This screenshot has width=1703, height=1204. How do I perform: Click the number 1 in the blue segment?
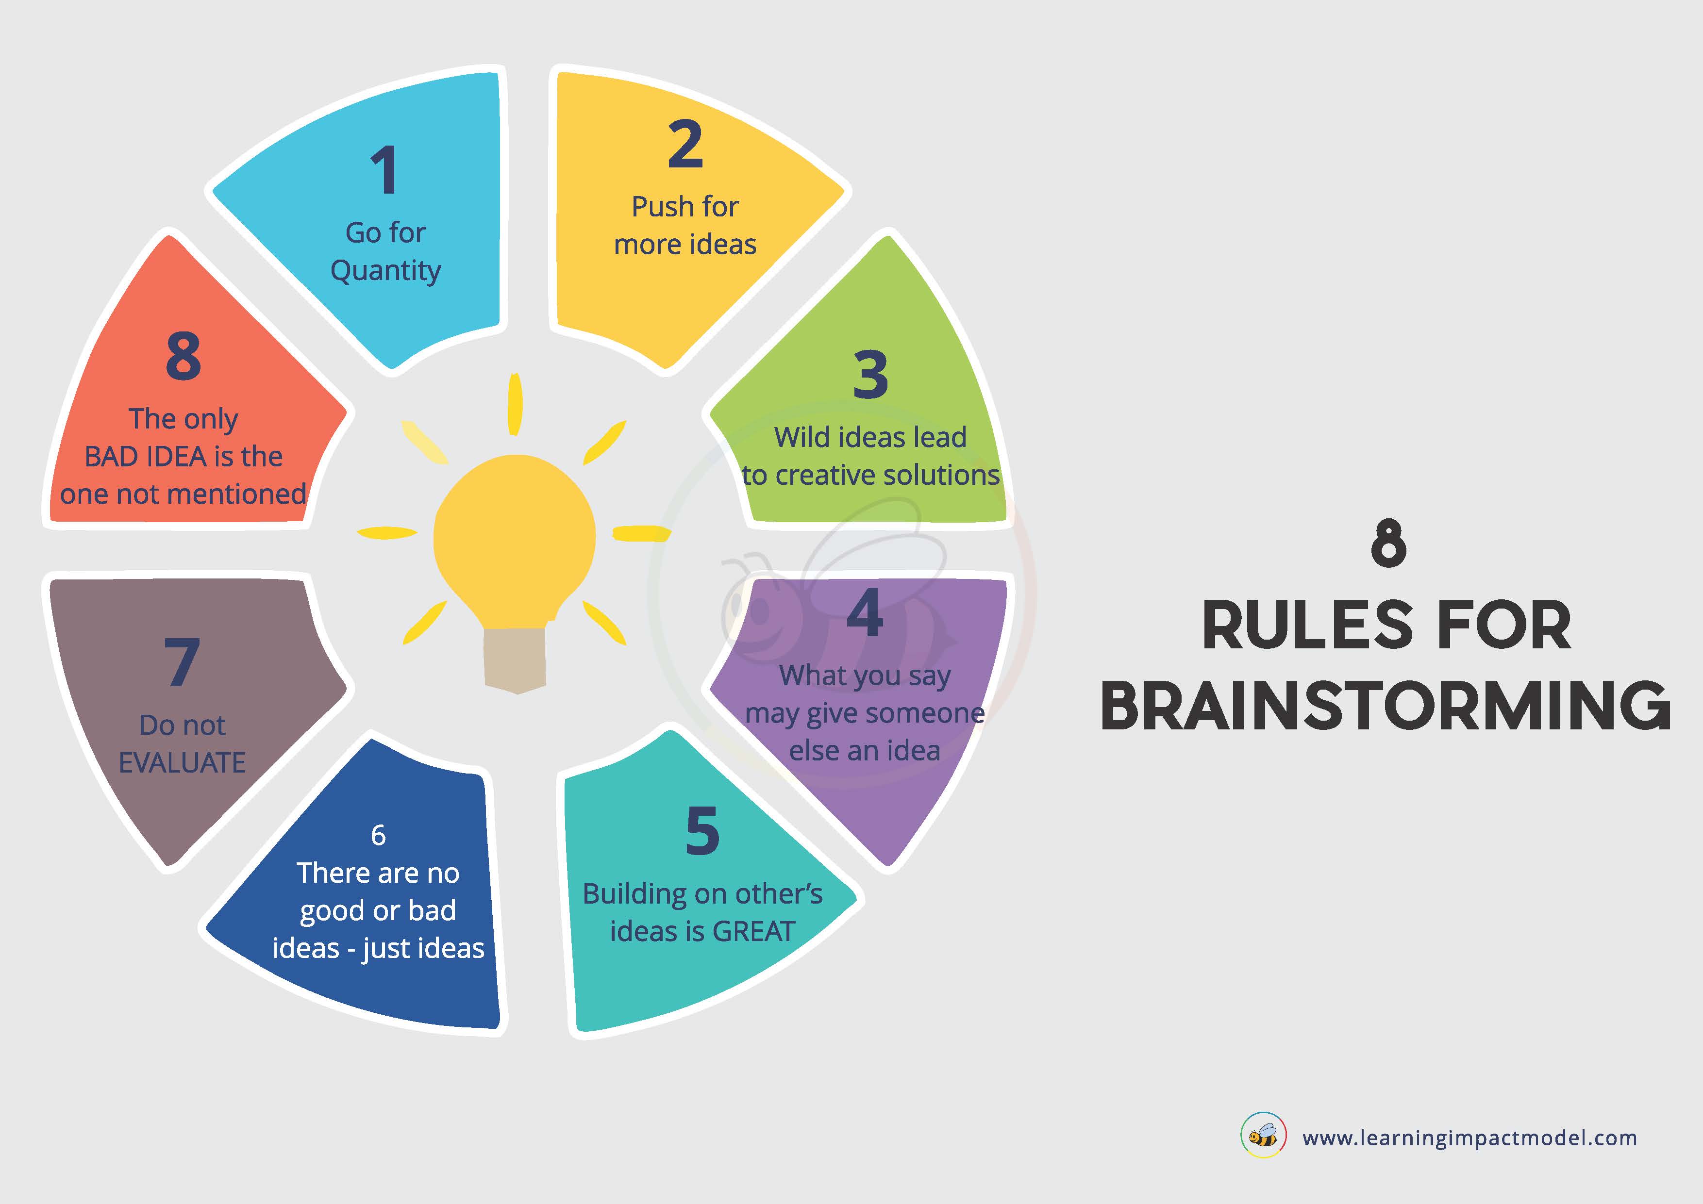pos(385,170)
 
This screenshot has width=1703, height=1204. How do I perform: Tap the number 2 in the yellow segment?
pos(685,144)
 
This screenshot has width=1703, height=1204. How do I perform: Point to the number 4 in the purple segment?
pos(865,612)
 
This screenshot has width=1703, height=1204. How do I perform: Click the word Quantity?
pos(385,271)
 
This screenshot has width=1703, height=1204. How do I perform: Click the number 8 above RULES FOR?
pos(1388,544)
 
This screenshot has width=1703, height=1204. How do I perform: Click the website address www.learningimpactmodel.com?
pos(1469,1138)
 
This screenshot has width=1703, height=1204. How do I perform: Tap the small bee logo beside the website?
pos(1263,1135)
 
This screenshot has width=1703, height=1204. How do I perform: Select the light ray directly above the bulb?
pos(515,404)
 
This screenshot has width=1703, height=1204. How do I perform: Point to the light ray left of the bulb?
pos(387,532)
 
